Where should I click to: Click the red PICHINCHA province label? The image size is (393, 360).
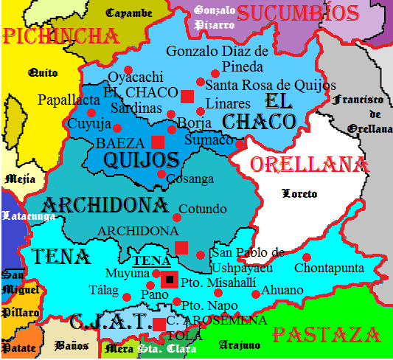point(60,36)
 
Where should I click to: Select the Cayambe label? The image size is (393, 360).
point(129,13)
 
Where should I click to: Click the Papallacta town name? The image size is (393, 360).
point(68,100)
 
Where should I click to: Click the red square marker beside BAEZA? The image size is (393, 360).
point(157,142)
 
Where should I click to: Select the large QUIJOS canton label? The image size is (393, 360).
point(142,160)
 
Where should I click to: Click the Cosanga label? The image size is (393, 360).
point(189,179)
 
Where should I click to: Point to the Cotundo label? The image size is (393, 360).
point(203,209)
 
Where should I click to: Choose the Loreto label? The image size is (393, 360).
point(300,194)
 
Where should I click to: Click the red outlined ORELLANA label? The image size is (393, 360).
point(308,165)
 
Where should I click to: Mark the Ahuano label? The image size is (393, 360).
point(282,290)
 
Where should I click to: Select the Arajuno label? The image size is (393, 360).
point(237,344)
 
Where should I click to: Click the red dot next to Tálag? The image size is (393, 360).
point(127,297)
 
